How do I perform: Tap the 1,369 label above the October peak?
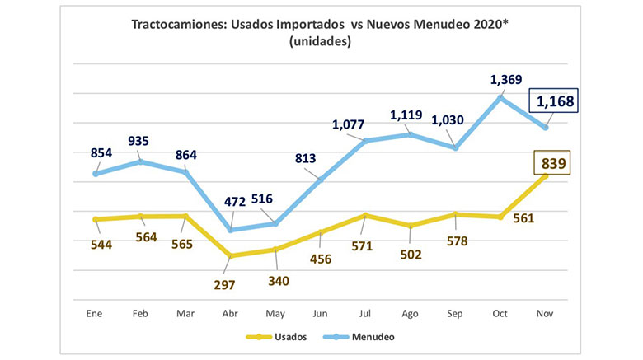506,79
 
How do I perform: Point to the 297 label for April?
224,284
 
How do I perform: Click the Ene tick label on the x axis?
96,314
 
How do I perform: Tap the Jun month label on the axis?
321,314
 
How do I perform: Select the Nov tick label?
546,314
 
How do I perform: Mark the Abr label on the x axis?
231,314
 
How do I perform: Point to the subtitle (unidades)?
321,42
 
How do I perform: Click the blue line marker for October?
501,97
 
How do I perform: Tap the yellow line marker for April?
231,256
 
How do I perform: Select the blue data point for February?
141,161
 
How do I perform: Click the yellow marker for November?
546,175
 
